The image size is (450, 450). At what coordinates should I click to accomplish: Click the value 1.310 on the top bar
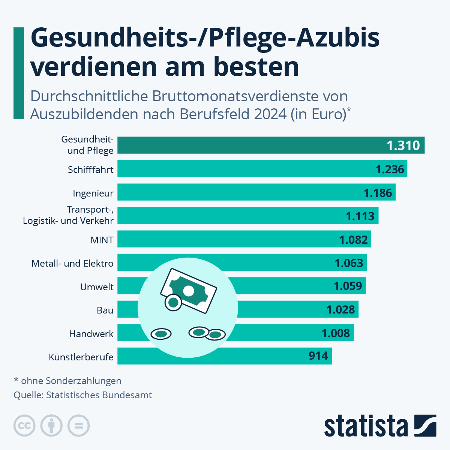[x=403, y=145]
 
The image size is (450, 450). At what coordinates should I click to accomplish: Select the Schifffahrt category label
[x=90, y=170]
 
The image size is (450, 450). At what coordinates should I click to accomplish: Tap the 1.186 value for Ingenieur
[x=378, y=193]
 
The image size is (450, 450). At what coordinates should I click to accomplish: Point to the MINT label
[x=102, y=240]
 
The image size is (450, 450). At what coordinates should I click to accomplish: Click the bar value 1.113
[x=360, y=216]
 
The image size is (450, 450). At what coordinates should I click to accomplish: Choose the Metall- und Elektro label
[x=72, y=263]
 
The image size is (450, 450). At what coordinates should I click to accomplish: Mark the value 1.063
[x=349, y=263]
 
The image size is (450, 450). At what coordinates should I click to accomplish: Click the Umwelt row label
[x=97, y=287]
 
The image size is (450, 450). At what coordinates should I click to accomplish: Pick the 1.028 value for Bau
[x=340, y=310]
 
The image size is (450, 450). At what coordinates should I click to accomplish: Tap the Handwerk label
[x=91, y=334]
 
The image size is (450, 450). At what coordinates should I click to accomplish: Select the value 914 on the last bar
[x=318, y=356]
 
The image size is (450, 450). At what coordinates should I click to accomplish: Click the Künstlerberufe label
[x=81, y=357]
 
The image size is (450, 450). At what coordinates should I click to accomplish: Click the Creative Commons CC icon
[x=24, y=426]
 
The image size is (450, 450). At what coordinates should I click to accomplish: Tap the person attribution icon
[x=51, y=426]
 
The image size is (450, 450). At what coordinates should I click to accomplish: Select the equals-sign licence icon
[x=78, y=426]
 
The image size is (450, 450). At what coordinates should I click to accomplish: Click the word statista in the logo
[x=366, y=426]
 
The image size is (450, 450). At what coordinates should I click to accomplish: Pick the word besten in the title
[x=256, y=67]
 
